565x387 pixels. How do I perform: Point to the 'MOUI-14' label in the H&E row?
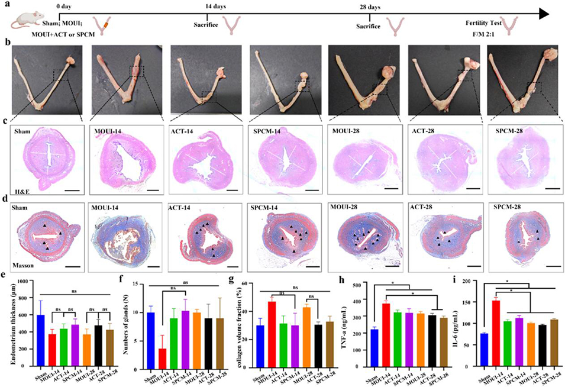109,130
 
